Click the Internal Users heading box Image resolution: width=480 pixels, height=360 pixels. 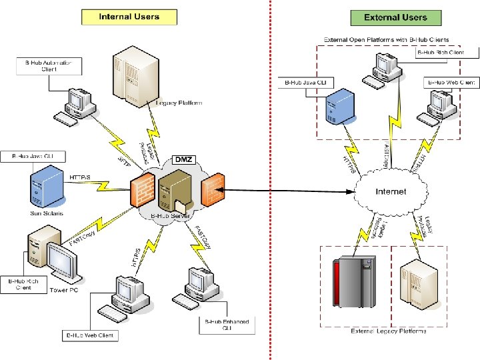(x=129, y=16)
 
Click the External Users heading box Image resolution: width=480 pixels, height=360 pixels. (x=395, y=17)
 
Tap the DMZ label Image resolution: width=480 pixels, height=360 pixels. (x=183, y=159)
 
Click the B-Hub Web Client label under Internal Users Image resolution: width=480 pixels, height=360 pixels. (x=91, y=335)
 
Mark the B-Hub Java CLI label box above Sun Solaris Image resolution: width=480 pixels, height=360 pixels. (x=34, y=157)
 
